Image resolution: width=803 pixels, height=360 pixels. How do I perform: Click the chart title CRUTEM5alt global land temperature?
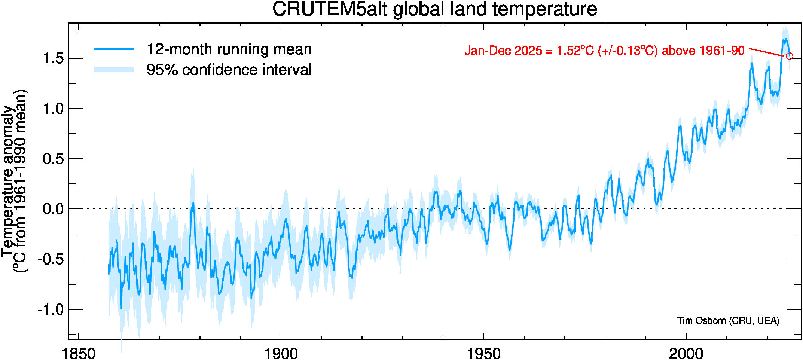click(x=434, y=9)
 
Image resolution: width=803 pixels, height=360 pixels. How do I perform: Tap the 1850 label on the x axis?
click(x=79, y=353)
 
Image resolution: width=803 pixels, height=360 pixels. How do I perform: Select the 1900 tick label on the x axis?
click(x=281, y=353)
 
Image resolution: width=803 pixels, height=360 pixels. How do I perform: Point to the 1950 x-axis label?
click(x=483, y=353)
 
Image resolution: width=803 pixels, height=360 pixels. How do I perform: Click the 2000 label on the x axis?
click(x=686, y=353)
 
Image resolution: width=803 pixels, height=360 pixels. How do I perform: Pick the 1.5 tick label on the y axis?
click(x=53, y=59)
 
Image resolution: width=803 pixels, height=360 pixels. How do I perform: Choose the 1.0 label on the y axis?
click(x=53, y=109)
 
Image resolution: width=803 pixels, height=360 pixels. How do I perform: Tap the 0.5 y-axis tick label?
click(x=53, y=159)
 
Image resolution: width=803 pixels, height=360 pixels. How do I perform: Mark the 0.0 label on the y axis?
click(x=53, y=209)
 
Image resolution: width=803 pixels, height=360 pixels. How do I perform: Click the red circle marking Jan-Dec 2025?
click(x=790, y=56)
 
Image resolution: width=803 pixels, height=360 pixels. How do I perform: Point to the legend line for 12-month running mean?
click(x=114, y=49)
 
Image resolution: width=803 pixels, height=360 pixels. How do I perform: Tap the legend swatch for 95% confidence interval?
click(x=114, y=70)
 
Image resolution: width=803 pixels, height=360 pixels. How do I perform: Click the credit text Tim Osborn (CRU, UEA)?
click(x=728, y=321)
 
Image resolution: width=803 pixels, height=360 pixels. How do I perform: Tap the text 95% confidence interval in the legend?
click(x=229, y=70)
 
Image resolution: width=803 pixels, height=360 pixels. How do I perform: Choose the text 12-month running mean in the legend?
click(x=229, y=49)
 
